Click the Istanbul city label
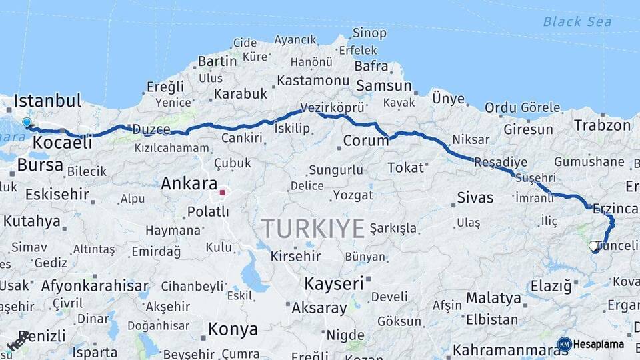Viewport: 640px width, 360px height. click(x=47, y=101)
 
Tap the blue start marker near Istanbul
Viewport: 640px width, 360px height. click(x=27, y=123)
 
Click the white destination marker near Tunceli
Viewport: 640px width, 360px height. click(x=593, y=247)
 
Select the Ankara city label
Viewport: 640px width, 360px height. click(x=189, y=183)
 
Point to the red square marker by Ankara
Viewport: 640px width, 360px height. click(x=222, y=193)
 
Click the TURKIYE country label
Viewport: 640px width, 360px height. click(x=313, y=229)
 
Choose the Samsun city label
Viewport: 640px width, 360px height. click(x=384, y=86)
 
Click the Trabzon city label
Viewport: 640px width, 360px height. click(x=602, y=125)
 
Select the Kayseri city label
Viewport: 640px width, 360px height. click(x=334, y=283)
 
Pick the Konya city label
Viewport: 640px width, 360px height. click(x=233, y=329)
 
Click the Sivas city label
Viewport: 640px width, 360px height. click(x=475, y=197)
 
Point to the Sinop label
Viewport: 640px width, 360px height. click(x=369, y=33)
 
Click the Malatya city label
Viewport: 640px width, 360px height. click(x=493, y=297)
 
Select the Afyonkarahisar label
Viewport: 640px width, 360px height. click(x=95, y=286)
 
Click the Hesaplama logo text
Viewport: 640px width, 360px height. click(x=599, y=345)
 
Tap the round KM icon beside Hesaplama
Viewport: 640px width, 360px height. click(x=564, y=345)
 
